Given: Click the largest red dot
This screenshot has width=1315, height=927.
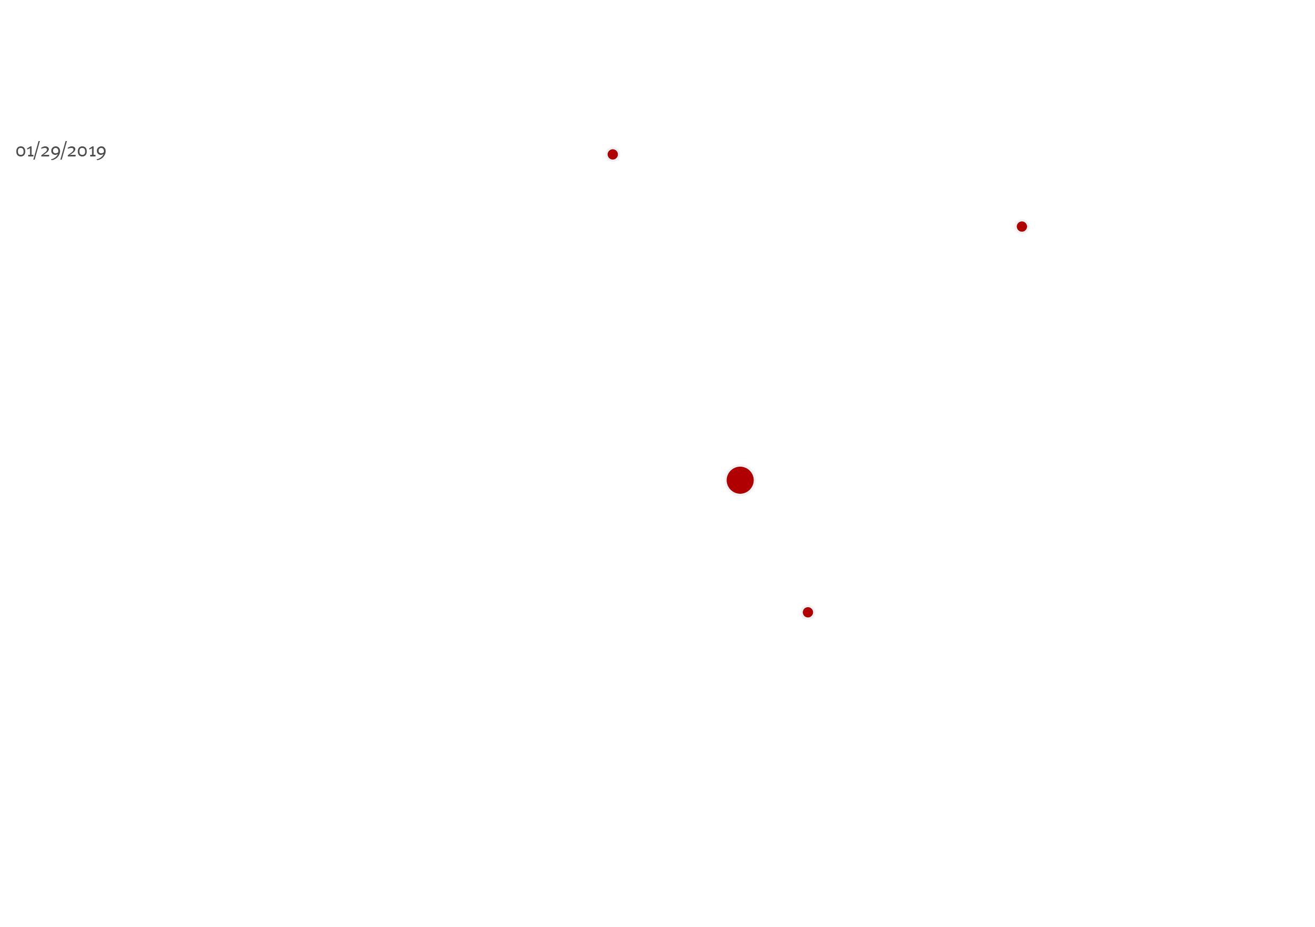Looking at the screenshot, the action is [740, 480].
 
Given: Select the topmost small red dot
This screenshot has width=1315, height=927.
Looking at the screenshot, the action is [613, 154].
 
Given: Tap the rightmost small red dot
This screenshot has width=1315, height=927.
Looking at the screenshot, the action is [1022, 226].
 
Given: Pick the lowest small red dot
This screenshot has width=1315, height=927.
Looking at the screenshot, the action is [808, 613].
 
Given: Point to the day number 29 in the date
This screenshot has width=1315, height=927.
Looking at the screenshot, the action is [50, 152].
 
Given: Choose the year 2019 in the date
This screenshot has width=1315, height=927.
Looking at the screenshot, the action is [86, 152].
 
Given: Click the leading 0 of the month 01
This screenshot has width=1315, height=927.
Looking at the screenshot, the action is [20, 152].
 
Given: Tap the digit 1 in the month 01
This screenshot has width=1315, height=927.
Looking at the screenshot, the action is [30, 151].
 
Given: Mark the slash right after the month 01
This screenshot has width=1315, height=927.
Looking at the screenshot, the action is [37, 151].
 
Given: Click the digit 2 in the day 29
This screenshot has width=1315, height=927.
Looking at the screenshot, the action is [45, 151].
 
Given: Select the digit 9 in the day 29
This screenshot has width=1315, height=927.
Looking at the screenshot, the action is [56, 153].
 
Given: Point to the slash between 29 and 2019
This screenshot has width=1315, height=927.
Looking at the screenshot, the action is [64, 151].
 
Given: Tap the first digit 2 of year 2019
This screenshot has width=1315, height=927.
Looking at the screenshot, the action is [72, 151].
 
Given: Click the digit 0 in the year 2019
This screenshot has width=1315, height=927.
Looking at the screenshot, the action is [83, 152].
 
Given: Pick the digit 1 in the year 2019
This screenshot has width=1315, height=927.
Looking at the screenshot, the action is [92, 151].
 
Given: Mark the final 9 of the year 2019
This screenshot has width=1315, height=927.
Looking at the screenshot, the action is [101, 153].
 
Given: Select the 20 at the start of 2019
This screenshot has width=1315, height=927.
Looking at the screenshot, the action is [77, 151].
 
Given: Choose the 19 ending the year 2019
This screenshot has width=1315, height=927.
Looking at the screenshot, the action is [98, 152].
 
